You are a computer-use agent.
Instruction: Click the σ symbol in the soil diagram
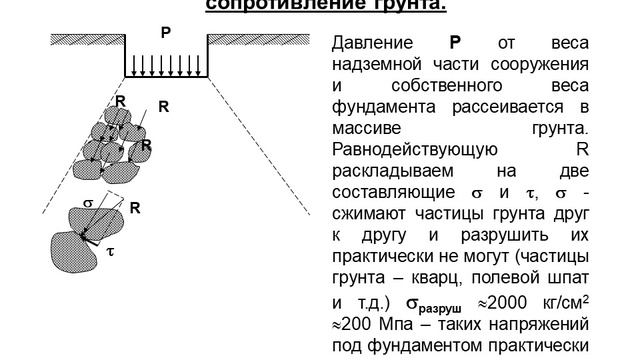click(x=87, y=202)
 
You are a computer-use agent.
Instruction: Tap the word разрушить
click(x=466, y=234)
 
